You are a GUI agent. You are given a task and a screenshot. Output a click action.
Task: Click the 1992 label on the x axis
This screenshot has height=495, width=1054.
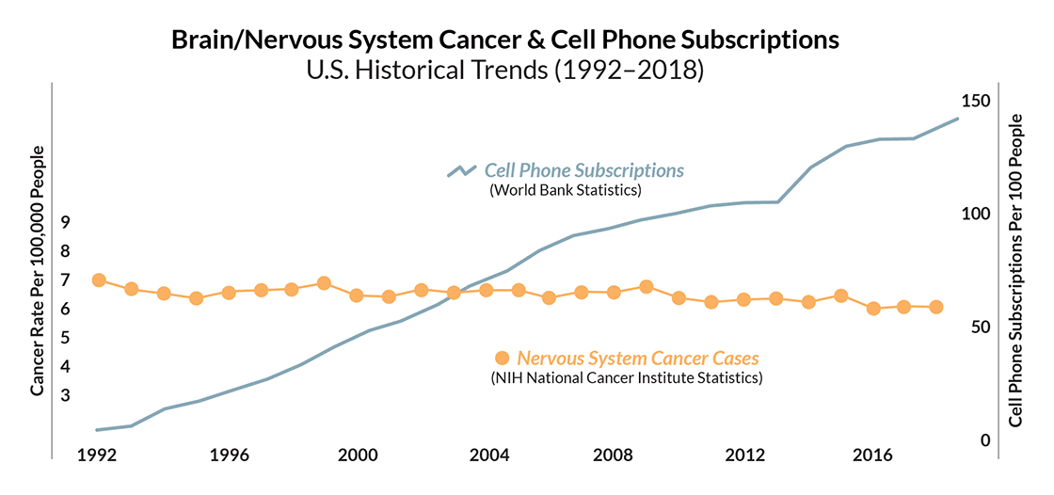point(97,455)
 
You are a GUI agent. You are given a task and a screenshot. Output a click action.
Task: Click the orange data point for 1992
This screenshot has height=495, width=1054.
point(99,280)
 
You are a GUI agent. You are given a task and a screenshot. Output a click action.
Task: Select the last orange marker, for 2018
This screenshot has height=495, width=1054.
point(936,307)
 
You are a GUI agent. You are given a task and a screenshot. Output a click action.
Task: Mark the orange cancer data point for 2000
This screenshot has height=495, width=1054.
point(357,295)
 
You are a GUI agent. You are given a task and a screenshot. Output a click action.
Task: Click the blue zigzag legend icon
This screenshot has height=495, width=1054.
point(462,171)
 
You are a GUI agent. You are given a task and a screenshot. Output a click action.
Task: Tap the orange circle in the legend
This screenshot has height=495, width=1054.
point(502,358)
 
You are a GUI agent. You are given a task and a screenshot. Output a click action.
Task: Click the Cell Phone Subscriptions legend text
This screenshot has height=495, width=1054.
point(583,170)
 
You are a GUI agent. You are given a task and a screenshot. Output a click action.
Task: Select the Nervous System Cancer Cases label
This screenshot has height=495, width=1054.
point(638,358)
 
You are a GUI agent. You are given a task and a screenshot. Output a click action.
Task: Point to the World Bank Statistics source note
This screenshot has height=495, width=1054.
point(565,190)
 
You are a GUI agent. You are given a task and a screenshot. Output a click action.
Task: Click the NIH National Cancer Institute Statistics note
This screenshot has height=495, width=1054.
point(626,378)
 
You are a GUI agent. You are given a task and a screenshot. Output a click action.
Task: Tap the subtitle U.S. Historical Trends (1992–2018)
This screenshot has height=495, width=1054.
point(504,70)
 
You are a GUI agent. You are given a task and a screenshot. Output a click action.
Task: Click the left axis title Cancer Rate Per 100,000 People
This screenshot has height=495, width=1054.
point(38,270)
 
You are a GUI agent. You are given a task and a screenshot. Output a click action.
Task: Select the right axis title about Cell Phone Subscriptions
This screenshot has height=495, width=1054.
point(1014,270)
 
